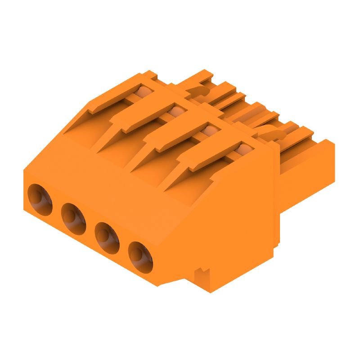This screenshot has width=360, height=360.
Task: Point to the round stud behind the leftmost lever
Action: (x=142, y=93)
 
